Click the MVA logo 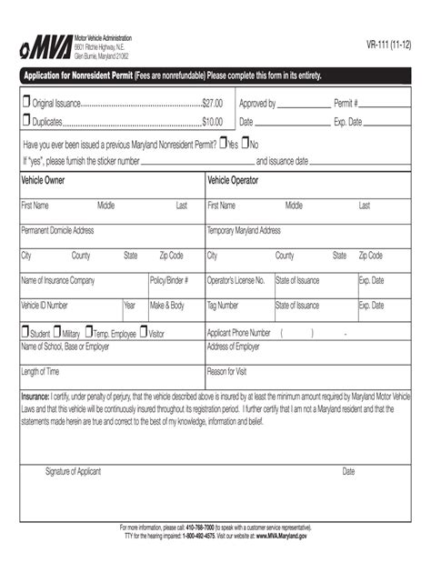[x=45, y=45]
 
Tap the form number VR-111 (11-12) [x=388, y=44]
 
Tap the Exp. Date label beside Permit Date [x=347, y=121]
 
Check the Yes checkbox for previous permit [x=224, y=144]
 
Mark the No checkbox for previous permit [x=246, y=144]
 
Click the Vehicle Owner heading [x=43, y=180]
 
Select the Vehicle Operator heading [x=233, y=180]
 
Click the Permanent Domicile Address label [x=57, y=230]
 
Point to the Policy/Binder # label [x=170, y=280]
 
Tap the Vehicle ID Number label [x=45, y=306]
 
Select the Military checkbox [x=56, y=333]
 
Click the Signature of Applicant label [x=73, y=471]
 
